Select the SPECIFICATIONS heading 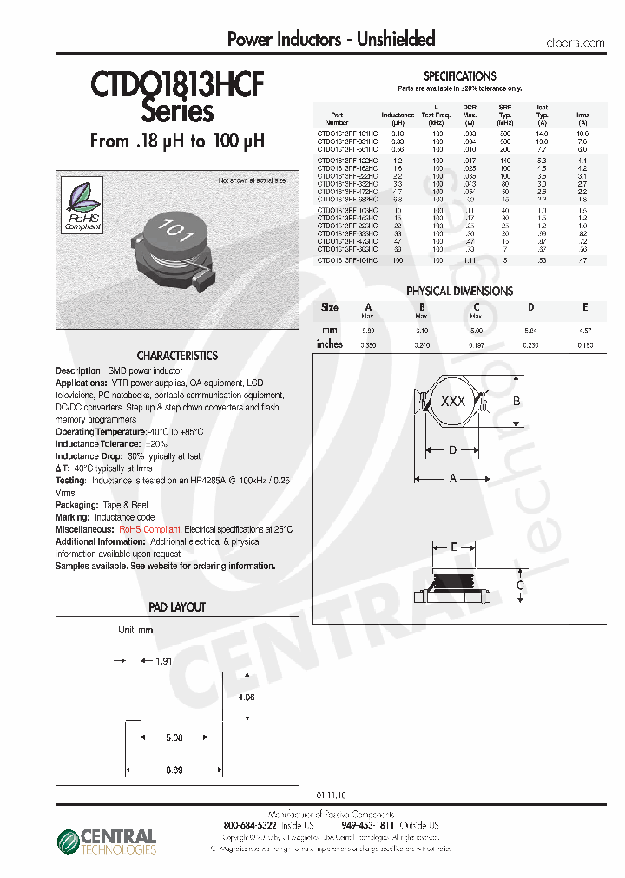[x=460, y=76]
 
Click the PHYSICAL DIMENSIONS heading [x=459, y=292]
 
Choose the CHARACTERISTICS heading [x=177, y=356]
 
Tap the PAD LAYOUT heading [x=177, y=607]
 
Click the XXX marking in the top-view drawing [x=453, y=402]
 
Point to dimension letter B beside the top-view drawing [x=516, y=402]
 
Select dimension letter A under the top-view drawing [x=452, y=478]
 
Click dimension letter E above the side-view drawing [x=454, y=547]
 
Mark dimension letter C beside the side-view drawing [x=519, y=586]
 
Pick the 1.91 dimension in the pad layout [x=163, y=660]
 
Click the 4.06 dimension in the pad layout [x=246, y=696]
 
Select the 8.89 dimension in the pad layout [x=174, y=770]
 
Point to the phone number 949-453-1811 [x=367, y=825]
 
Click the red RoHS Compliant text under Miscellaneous [x=150, y=529]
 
